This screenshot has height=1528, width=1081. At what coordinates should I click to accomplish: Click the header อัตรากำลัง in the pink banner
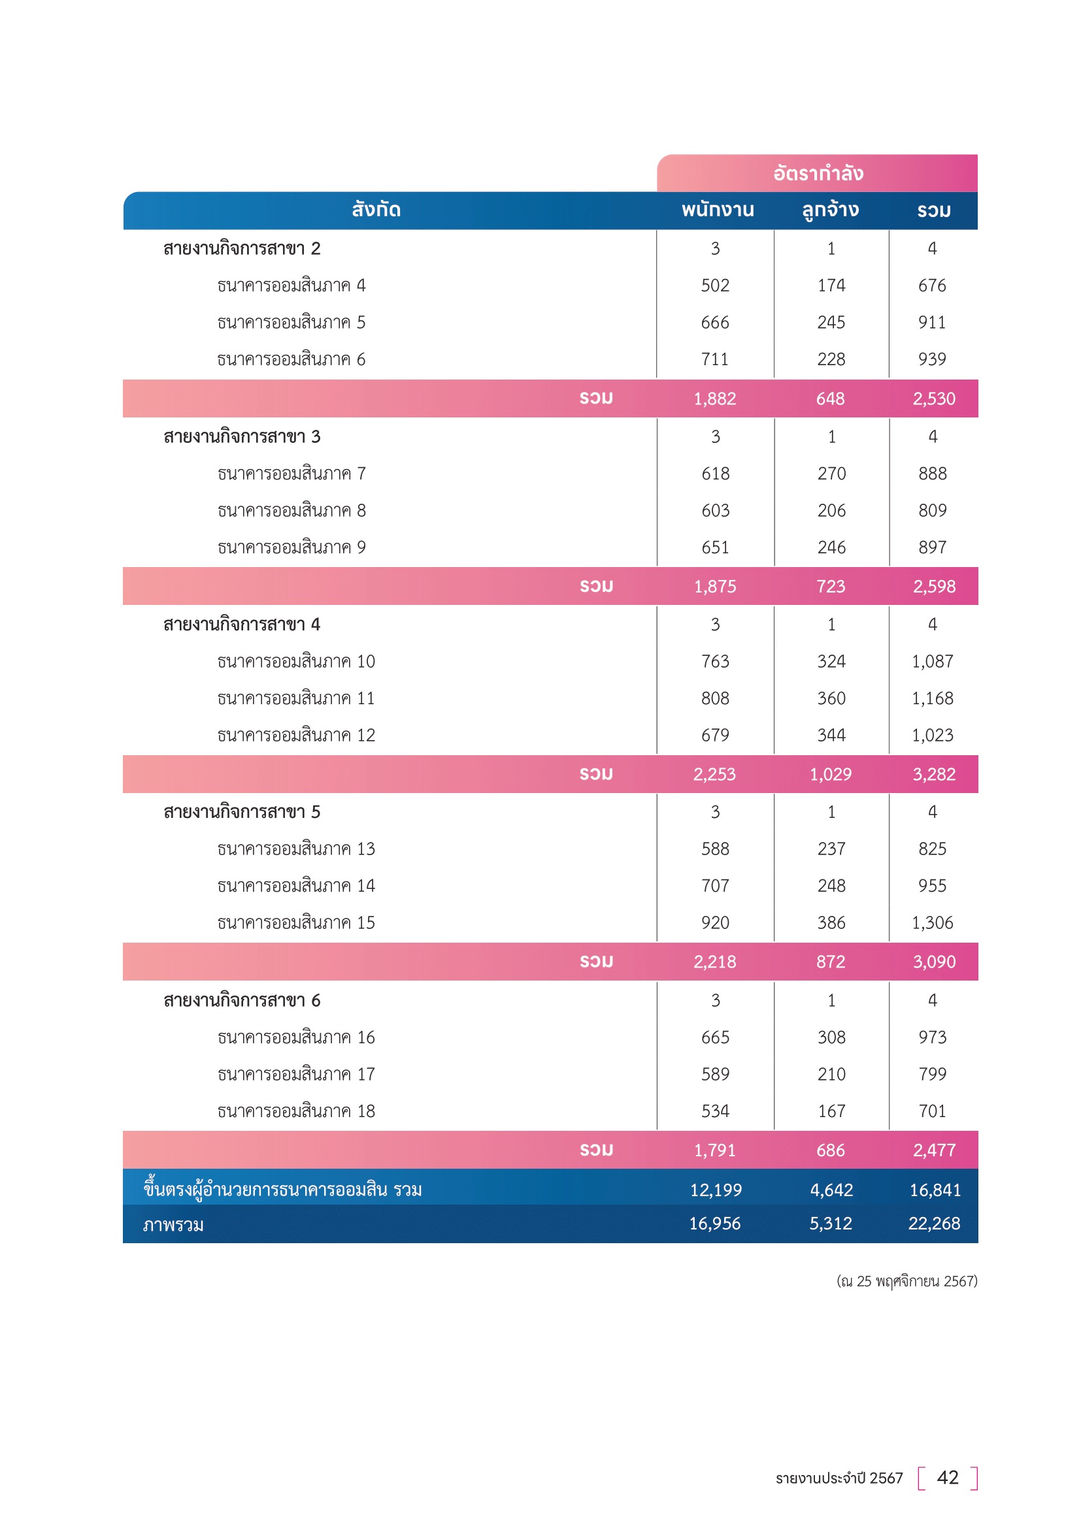[x=818, y=174]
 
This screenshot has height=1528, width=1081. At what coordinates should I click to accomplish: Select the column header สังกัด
[x=376, y=210]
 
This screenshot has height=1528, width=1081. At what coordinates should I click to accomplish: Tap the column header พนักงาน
[x=717, y=210]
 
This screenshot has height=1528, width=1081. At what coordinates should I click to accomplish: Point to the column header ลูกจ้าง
[x=830, y=210]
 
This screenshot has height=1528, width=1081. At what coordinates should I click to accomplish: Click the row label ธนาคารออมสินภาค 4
[x=291, y=285]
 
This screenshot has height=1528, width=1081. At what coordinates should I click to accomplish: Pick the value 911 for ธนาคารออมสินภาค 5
[x=932, y=323]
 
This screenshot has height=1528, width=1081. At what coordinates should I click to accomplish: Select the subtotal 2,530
[x=933, y=398]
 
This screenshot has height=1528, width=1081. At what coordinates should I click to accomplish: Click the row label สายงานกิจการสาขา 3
[x=242, y=436]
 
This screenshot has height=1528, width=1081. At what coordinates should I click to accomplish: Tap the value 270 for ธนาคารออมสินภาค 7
[x=831, y=474]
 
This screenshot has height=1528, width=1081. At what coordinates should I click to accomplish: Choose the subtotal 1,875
[x=715, y=586]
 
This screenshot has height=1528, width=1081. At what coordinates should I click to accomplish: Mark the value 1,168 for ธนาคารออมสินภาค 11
[x=932, y=698]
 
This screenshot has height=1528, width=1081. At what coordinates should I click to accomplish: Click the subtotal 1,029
[x=830, y=774]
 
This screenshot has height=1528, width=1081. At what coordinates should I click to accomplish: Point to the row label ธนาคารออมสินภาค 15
[x=295, y=922]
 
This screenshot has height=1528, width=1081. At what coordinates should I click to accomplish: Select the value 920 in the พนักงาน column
[x=715, y=922]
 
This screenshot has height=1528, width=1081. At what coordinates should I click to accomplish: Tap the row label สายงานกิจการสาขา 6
[x=242, y=1000]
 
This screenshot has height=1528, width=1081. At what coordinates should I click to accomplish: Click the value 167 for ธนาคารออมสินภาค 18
[x=831, y=1111]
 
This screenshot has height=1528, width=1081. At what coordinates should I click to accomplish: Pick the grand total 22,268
[x=934, y=1223]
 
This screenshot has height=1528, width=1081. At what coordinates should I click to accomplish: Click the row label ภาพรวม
[x=173, y=1224]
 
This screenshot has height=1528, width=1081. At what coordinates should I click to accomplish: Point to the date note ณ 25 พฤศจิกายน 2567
[x=906, y=1281]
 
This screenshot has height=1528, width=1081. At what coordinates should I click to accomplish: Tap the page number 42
[x=947, y=1478]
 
